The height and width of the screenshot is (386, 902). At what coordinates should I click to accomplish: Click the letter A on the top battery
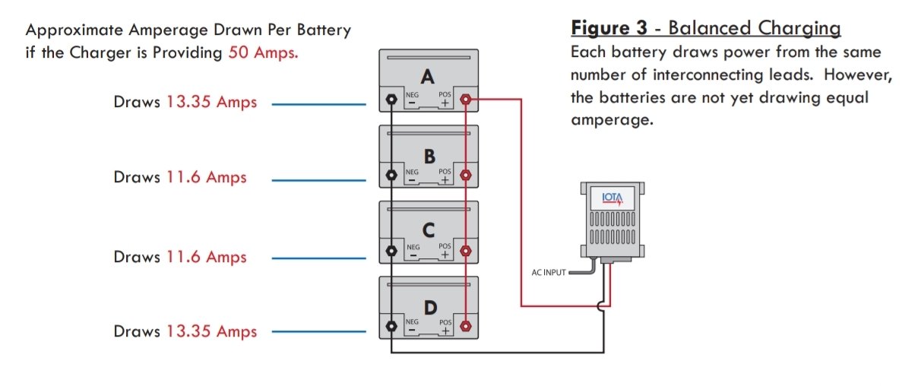click(x=428, y=77)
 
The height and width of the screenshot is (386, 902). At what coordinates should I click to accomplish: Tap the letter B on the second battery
click(x=429, y=156)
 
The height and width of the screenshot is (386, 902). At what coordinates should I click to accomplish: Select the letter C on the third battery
click(x=429, y=230)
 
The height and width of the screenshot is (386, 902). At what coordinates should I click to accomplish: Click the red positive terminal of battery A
click(x=466, y=100)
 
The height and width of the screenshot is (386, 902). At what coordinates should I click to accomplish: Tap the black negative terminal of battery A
click(x=391, y=100)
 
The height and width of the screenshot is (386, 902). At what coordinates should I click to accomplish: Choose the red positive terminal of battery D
click(x=466, y=326)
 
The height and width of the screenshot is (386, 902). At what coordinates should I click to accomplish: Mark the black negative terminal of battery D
click(x=391, y=326)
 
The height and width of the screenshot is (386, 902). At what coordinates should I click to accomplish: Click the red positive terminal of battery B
click(x=466, y=175)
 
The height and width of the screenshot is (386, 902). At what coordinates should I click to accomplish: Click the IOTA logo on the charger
click(x=612, y=199)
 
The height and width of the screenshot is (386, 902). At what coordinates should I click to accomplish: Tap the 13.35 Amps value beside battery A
click(x=211, y=103)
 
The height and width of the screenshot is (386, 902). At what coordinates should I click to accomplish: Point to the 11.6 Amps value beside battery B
click(x=207, y=178)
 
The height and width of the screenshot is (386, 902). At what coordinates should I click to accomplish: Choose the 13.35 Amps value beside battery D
click(x=211, y=332)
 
